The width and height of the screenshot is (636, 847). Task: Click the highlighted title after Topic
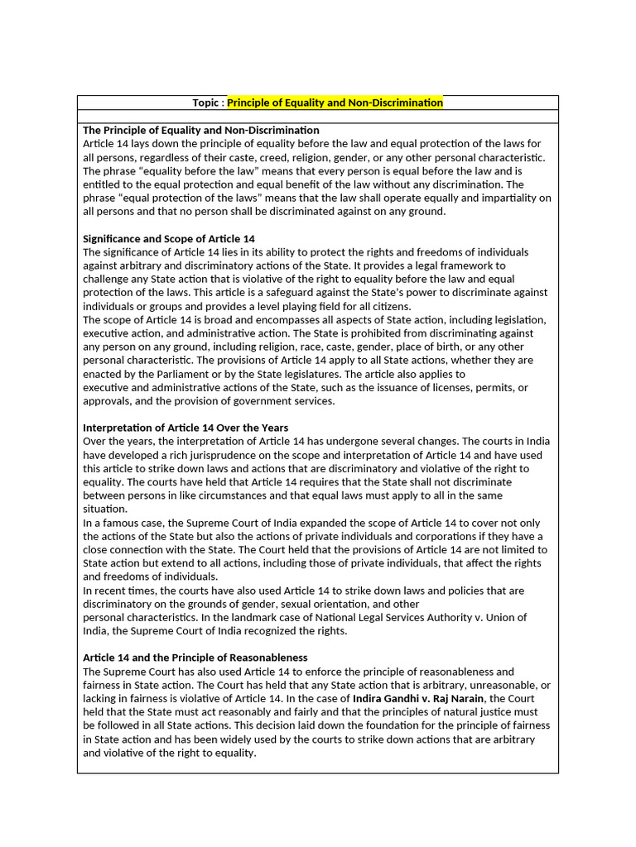pos(335,103)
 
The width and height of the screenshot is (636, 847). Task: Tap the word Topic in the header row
pos(206,103)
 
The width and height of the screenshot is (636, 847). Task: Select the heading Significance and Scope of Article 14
pos(169,238)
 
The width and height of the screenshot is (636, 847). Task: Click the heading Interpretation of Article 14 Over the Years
pos(185,428)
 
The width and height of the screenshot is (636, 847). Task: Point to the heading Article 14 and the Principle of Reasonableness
pos(195,658)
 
